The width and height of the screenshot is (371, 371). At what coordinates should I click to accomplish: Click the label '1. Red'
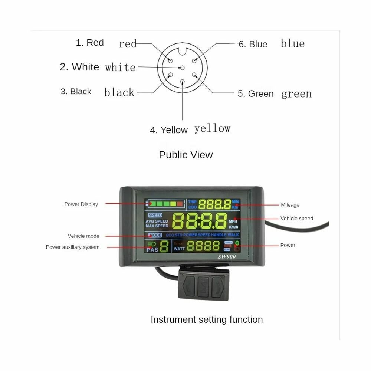pos(89,43)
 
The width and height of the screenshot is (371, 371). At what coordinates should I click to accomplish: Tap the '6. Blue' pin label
pos(253,44)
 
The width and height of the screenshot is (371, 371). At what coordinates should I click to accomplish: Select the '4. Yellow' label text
pos(169,130)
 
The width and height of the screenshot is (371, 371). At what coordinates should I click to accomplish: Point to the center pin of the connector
pos(182,68)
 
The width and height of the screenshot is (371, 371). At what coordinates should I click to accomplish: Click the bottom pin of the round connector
pos(182,82)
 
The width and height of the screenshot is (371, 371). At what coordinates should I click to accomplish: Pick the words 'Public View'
pos(186,155)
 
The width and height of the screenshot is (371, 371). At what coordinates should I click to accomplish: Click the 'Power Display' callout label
pos(81,204)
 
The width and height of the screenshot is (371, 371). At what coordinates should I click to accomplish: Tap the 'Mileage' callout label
pos(290,205)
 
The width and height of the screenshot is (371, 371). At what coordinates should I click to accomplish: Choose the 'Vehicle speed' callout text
pos(296,219)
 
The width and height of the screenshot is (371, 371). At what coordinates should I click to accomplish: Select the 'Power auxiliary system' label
pos(73,247)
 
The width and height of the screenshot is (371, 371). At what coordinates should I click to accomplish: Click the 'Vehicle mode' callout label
pos(83,236)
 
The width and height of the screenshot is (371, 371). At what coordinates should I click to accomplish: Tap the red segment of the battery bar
pos(180,204)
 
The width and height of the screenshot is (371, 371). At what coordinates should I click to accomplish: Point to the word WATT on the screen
pos(179,249)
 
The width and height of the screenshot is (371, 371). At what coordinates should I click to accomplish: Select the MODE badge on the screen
pos(155,235)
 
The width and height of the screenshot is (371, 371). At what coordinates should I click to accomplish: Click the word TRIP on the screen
pos(192,202)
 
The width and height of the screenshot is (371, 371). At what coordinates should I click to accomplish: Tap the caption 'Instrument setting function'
pos(207,319)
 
